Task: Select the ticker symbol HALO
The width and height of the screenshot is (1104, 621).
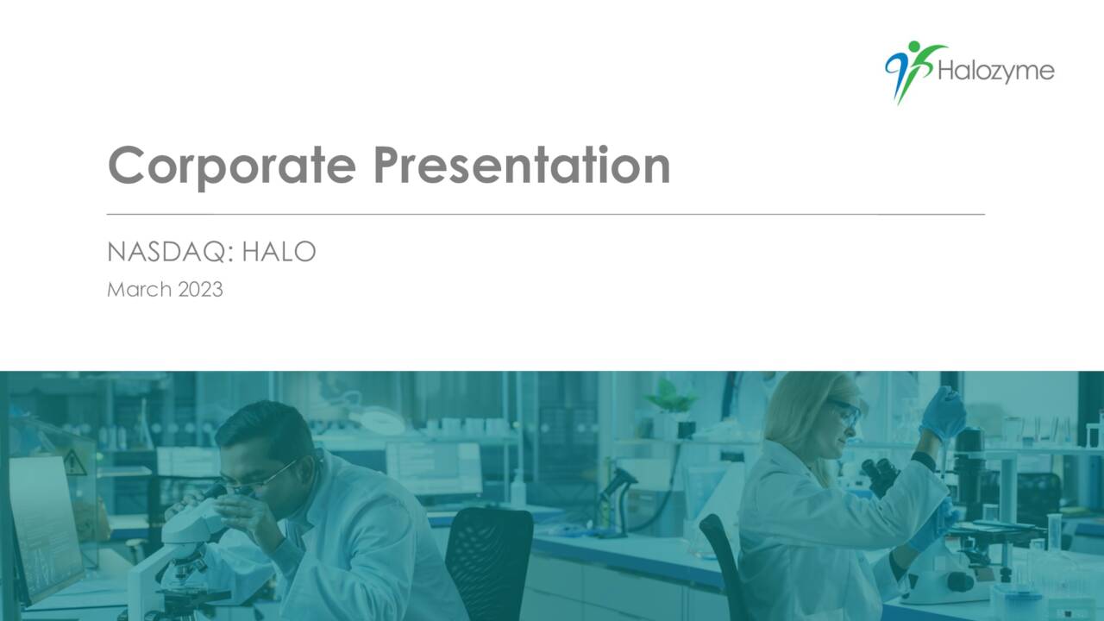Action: pyautogui.click(x=279, y=252)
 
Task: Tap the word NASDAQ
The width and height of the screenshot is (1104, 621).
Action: pyautogui.click(x=170, y=252)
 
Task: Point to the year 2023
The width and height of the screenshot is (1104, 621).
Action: pyautogui.click(x=200, y=290)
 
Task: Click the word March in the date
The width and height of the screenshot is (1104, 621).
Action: pyautogui.click(x=139, y=290)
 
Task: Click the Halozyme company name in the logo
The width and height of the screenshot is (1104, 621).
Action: pyautogui.click(x=995, y=72)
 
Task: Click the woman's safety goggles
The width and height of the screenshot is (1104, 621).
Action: pyautogui.click(x=845, y=411)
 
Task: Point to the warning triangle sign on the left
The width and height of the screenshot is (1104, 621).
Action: pyautogui.click(x=75, y=465)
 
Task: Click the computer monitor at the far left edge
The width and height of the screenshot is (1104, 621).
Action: pyautogui.click(x=43, y=526)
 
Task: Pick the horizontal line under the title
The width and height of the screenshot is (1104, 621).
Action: pyautogui.click(x=545, y=213)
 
